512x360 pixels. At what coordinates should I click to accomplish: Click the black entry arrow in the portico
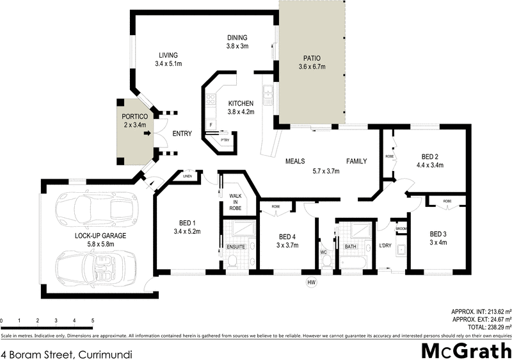point(147,133)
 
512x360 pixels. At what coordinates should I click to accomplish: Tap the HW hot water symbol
point(312,282)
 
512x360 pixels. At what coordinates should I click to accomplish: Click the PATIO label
point(312,58)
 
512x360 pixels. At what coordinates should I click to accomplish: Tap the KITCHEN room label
point(241,103)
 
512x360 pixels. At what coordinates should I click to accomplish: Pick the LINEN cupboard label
point(188,176)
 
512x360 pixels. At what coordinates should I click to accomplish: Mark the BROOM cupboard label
point(401,229)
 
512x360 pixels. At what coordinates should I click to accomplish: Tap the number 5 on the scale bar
point(93,320)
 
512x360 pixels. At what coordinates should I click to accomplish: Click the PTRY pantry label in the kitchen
point(225,140)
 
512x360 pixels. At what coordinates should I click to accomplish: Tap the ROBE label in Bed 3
point(447,201)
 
